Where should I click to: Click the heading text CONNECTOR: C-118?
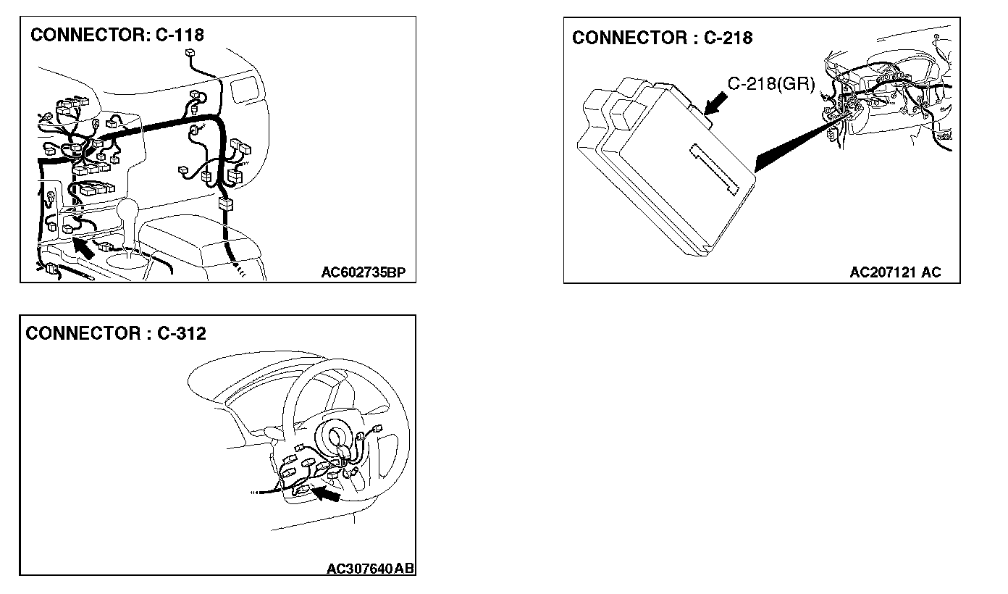click(x=117, y=34)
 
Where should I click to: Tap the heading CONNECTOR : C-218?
click(x=662, y=38)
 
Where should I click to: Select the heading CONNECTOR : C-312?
click(x=116, y=333)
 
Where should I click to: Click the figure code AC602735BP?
click(x=364, y=272)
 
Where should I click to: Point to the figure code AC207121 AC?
click(x=895, y=272)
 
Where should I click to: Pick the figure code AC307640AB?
click(x=370, y=569)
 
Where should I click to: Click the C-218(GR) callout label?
click(x=770, y=84)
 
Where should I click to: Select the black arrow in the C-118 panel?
click(x=83, y=248)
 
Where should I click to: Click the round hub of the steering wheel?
click(x=337, y=438)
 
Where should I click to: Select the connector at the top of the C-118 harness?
click(x=190, y=53)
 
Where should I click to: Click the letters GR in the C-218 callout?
click(x=799, y=84)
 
